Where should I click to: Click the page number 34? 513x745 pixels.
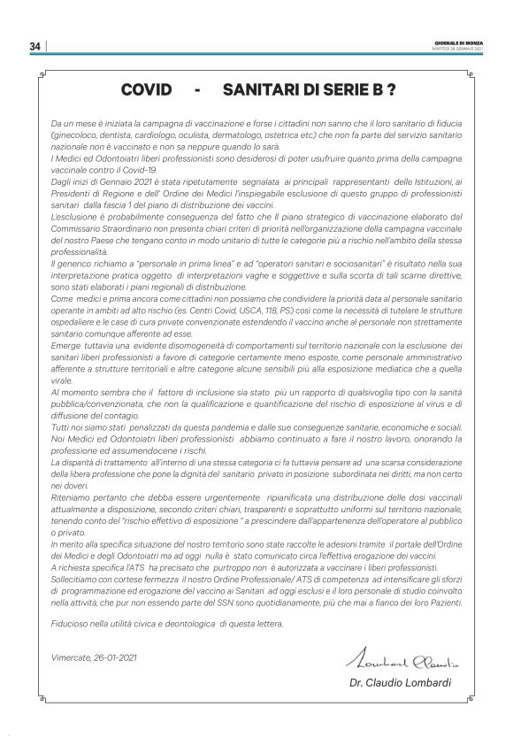pyautogui.click(x=34, y=46)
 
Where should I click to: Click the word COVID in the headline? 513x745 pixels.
pyautogui.click(x=145, y=91)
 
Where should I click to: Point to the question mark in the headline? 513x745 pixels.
pyautogui.click(x=390, y=91)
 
